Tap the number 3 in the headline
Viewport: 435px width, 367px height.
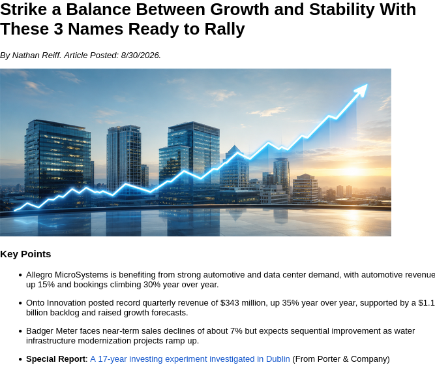(59, 29)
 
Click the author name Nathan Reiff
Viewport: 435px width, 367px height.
(37, 56)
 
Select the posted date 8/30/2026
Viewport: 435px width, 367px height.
(141, 56)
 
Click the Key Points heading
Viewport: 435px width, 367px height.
(25, 254)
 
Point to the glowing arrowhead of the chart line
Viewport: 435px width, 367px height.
(362, 89)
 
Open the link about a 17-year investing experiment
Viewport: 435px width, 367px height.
(190, 359)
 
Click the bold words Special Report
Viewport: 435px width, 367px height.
(56, 359)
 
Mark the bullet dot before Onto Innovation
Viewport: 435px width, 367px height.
(20, 303)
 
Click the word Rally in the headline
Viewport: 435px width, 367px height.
(225, 29)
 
